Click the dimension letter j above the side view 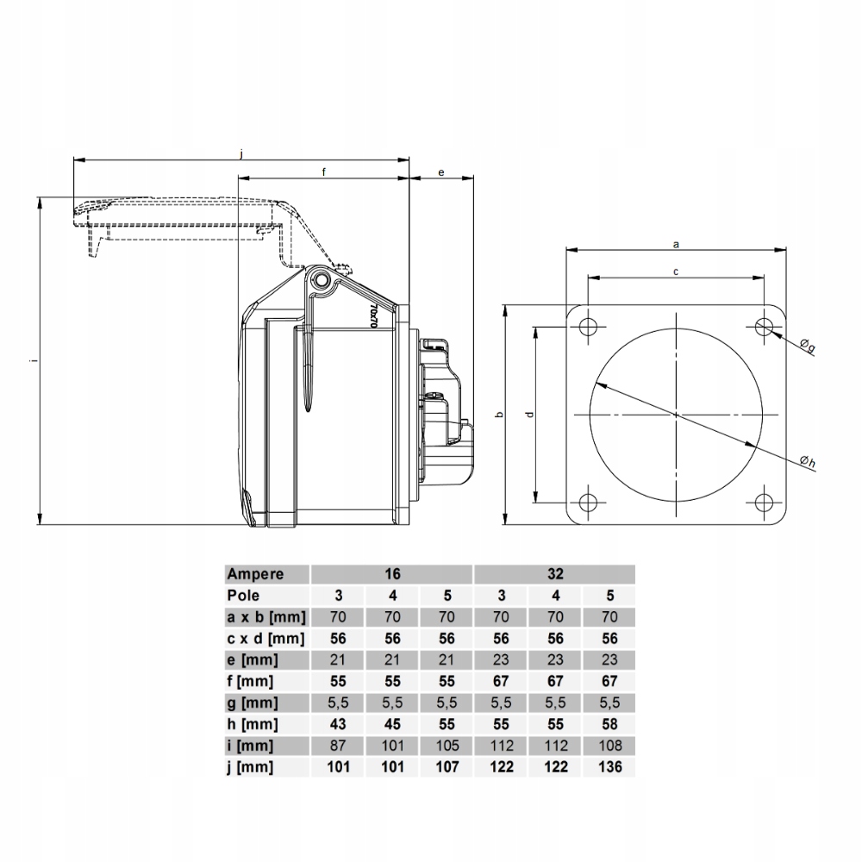[x=242, y=154]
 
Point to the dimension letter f [x=324, y=172]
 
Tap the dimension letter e [x=440, y=172]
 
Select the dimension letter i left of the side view [x=34, y=360]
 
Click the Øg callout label [x=807, y=346]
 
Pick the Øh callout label [x=808, y=462]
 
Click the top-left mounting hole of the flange [x=588, y=327]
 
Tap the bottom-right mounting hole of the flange [x=763, y=502]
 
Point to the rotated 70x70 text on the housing [x=373, y=315]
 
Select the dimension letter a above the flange [x=676, y=244]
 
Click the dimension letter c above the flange [x=676, y=272]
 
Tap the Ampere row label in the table [x=256, y=574]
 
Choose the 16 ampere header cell [x=392, y=574]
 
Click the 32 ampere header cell [x=555, y=574]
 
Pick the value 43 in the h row [x=338, y=724]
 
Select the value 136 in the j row [x=609, y=767]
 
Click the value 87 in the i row [x=338, y=746]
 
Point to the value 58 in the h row [x=609, y=724]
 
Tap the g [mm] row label [x=253, y=703]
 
